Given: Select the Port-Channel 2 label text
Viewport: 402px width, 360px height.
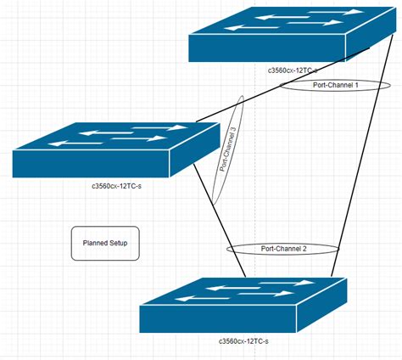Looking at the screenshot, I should (x=283, y=249).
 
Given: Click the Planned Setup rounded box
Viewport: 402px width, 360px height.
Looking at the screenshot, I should (x=105, y=243).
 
